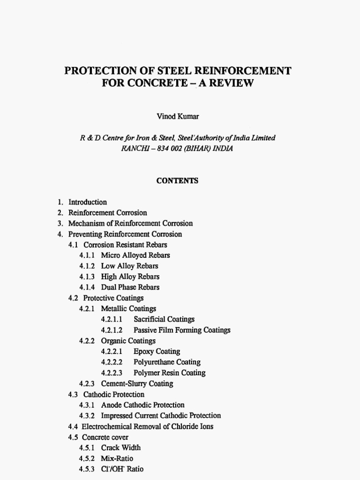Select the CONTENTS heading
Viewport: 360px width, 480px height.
[x=178, y=180]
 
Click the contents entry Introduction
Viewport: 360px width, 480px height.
[x=88, y=202]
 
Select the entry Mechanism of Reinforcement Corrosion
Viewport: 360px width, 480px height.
[x=130, y=224]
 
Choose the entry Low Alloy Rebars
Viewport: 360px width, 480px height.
[x=129, y=266]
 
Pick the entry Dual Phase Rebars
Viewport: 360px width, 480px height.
[x=130, y=287]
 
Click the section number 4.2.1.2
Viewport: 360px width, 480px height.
[x=112, y=330]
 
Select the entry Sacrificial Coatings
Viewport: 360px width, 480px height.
[x=164, y=319]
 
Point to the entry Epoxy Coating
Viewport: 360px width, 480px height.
[x=157, y=352]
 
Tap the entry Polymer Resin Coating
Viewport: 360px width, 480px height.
[x=169, y=373]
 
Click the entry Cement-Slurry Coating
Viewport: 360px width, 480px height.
[x=137, y=383]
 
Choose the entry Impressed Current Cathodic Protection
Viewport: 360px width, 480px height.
[x=161, y=415]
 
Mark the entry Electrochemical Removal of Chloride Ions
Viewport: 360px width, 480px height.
[x=147, y=427]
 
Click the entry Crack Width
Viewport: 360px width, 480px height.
[x=120, y=448]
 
